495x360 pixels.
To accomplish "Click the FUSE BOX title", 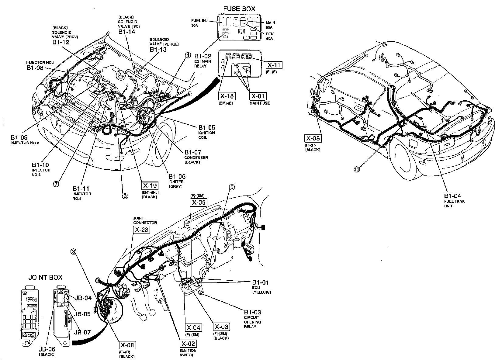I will pos(239,9).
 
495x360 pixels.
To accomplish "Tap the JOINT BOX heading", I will pos(45,277).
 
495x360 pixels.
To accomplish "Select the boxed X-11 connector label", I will pos(274,65).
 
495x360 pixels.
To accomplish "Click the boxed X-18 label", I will pos(227,96).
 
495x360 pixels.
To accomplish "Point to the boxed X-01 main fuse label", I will pos(258,96).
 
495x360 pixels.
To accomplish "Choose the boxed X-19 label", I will pos(150,186).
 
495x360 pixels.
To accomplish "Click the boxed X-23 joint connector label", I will pos(142,230).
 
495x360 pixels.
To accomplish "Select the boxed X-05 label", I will pos(198,202).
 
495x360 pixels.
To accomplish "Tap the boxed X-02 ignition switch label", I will pos(189,344).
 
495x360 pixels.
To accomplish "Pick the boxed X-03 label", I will pos(221,327).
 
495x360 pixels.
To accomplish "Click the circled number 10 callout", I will pos(357,169).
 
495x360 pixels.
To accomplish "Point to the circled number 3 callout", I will pos(74,252).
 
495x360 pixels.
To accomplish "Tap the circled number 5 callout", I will pos(232,188).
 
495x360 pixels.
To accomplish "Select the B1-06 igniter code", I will pos(177,176).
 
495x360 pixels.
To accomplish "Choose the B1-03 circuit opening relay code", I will pos(252,312).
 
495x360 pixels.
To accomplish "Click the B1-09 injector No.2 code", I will pos(19,137).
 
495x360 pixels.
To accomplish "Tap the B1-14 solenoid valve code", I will pos(126,32).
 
